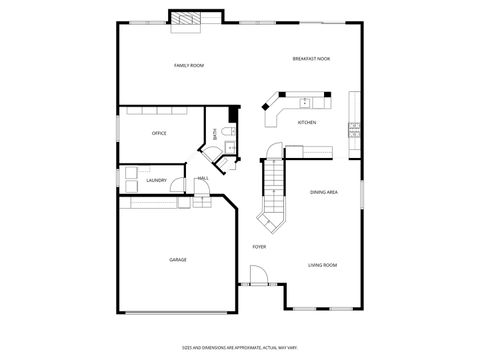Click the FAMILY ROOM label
pyautogui.click(x=189, y=66)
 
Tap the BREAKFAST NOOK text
pyautogui.click(x=311, y=59)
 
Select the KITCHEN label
pyautogui.click(x=307, y=123)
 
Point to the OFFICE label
pyautogui.click(x=159, y=133)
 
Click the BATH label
pyautogui.click(x=214, y=134)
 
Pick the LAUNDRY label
pyautogui.click(x=156, y=181)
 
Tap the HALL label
pyautogui.click(x=203, y=179)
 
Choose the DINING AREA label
pyautogui.click(x=323, y=192)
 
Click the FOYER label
pyautogui.click(x=259, y=246)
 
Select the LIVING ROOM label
pyautogui.click(x=322, y=265)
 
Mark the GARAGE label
pyautogui.click(x=177, y=260)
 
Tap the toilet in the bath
pyautogui.click(x=227, y=134)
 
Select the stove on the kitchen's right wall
pyautogui.click(x=354, y=128)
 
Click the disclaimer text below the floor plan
pyautogui.click(x=239, y=347)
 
